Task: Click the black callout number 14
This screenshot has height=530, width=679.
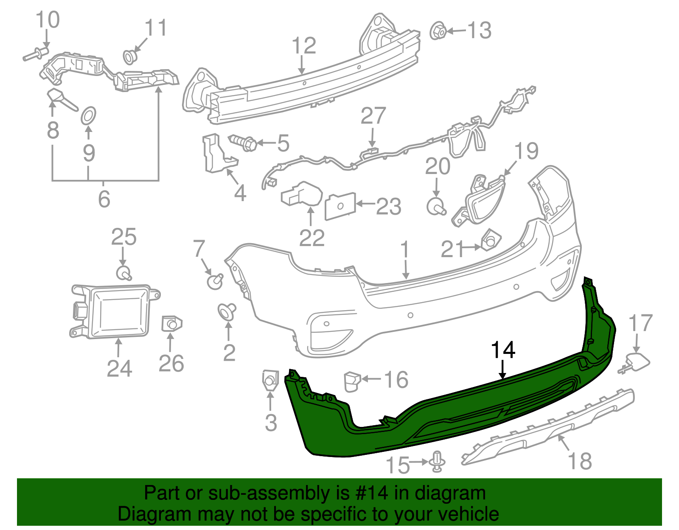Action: [x=503, y=351]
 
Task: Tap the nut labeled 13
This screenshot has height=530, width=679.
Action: [x=437, y=31]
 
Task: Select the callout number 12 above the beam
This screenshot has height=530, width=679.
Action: [x=304, y=46]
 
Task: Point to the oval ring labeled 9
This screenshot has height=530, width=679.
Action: [x=88, y=115]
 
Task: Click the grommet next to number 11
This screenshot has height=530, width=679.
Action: [x=130, y=56]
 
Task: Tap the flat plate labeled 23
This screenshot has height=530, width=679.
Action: [x=340, y=206]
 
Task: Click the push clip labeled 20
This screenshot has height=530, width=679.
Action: [x=436, y=207]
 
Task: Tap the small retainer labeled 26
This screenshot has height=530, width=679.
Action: [x=171, y=325]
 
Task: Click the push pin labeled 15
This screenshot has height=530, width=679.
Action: [x=438, y=462]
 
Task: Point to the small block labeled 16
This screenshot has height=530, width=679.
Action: [x=351, y=381]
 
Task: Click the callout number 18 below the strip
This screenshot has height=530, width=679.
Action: [x=579, y=461]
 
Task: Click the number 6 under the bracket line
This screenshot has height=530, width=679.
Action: [x=104, y=199]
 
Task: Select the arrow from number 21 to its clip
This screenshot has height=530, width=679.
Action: [x=471, y=247]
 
